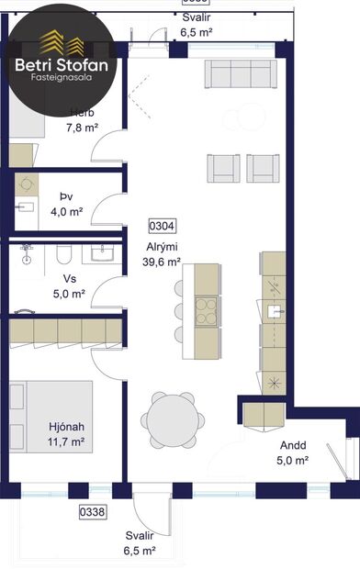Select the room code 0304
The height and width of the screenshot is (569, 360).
pos(163,225)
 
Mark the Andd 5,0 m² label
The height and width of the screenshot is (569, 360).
pos(294,452)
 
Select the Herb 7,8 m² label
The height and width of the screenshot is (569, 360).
pos(82,120)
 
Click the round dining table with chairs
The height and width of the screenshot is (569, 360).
pos(172,419)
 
